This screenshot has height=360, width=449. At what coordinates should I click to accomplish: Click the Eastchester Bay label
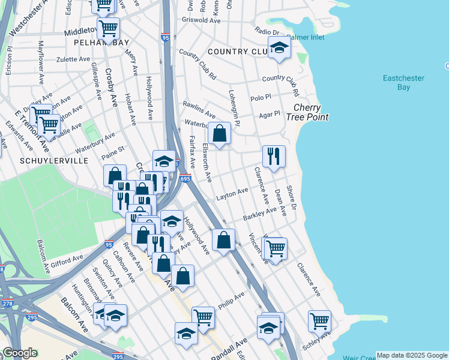403,83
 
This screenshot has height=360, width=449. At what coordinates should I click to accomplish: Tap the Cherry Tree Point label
310,112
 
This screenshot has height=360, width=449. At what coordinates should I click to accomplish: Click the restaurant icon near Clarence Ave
274,157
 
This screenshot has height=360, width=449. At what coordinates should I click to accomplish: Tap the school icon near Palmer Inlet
279,47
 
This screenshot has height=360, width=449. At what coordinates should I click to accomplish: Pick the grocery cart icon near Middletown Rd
108,28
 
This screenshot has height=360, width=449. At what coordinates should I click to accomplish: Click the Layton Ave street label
232,194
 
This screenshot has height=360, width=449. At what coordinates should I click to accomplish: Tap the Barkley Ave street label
259,214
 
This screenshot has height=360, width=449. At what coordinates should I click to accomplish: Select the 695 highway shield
185,178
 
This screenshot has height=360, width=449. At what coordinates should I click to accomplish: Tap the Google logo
20,353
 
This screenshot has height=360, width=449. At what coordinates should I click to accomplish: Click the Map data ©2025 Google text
412,355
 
